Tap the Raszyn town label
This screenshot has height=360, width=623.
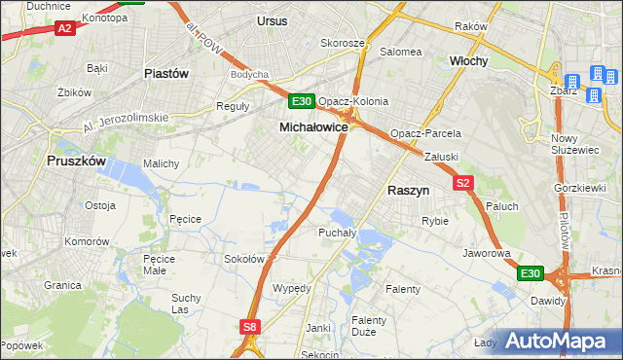coord(409,192)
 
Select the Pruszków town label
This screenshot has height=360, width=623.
coord(75,162)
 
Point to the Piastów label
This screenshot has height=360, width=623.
coord(165,73)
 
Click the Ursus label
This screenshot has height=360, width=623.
coord(273,19)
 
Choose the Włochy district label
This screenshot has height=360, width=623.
coord(468,60)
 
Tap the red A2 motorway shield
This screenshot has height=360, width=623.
coord(64,29)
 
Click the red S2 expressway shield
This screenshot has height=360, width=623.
coord(462,182)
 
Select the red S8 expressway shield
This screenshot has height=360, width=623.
coord(250,328)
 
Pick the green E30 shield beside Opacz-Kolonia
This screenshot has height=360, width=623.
coord(301,101)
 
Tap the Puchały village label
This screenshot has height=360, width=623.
coord(338,233)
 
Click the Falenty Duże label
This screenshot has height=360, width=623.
coord(370,326)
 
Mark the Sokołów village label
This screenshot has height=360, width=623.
coord(245,259)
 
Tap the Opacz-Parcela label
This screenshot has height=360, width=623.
coord(424,133)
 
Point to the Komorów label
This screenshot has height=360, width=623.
coord(85,240)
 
